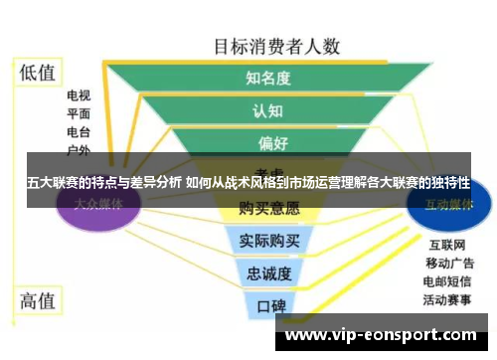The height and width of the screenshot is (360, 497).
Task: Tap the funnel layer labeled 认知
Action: (x=267, y=109)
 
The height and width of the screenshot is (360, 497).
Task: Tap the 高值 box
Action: (x=38, y=300)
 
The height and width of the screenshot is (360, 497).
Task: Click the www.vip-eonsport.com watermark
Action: (x=386, y=336)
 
